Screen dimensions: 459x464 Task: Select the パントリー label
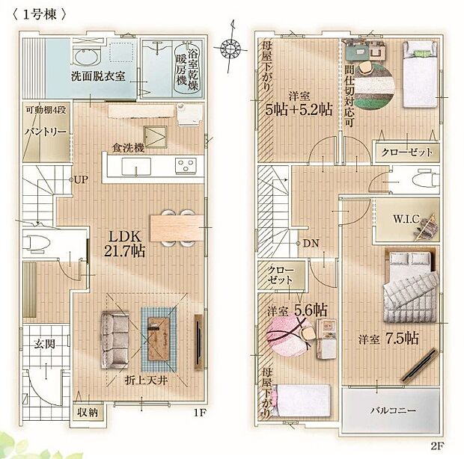pyautogui.click(x=46, y=132)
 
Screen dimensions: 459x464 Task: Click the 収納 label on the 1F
pyautogui.click(x=88, y=412)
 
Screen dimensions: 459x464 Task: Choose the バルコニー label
pyautogui.click(x=391, y=410)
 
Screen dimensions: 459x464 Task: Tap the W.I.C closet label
pyautogui.click(x=408, y=220)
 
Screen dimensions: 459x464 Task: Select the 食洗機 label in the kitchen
pyautogui.click(x=128, y=147)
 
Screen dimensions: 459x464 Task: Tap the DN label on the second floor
pyautogui.click(x=311, y=242)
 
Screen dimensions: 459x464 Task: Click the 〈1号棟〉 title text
pyautogui.click(x=37, y=14)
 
